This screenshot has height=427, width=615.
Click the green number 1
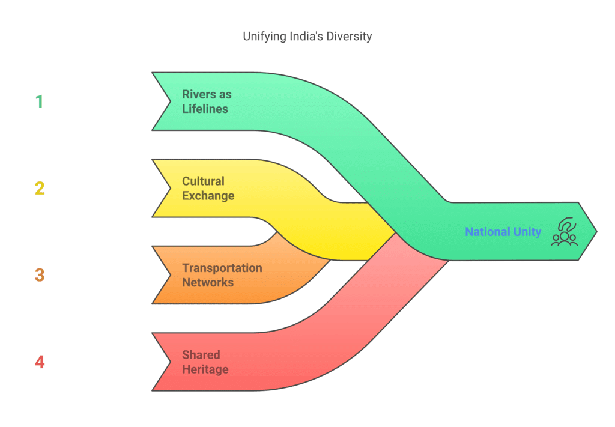40,101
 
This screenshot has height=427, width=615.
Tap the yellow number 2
40,189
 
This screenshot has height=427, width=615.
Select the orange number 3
40,275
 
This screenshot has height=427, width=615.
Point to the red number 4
40,362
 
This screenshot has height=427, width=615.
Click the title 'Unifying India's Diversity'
307,37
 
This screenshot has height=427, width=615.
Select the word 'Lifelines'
205,109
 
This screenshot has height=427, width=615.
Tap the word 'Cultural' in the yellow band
203,181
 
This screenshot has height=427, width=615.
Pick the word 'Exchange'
208,196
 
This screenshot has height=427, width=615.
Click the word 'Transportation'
222,268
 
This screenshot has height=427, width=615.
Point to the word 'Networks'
208,282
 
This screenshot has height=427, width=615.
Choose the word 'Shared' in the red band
201,354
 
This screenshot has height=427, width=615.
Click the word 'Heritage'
205,369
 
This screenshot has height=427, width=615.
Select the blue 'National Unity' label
503,232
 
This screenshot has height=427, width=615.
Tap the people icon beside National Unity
564,232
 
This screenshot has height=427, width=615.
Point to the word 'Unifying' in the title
262,37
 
